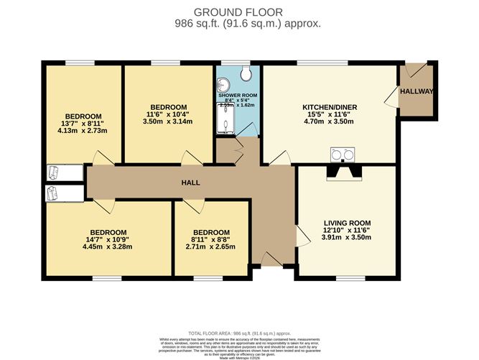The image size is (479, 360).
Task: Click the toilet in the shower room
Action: tap(247, 73)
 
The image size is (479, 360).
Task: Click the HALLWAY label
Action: tap(417, 91)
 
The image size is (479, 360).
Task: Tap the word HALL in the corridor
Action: tap(190, 183)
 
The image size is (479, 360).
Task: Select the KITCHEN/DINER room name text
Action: tap(330, 107)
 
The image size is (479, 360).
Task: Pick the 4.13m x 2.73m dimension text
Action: tap(82, 131)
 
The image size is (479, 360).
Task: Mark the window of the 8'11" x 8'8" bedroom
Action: tap(211, 277)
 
